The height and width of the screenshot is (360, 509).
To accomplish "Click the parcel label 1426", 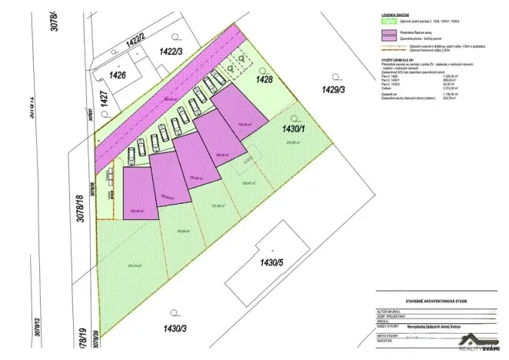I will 117,75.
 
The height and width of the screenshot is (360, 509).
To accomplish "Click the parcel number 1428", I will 264,80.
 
